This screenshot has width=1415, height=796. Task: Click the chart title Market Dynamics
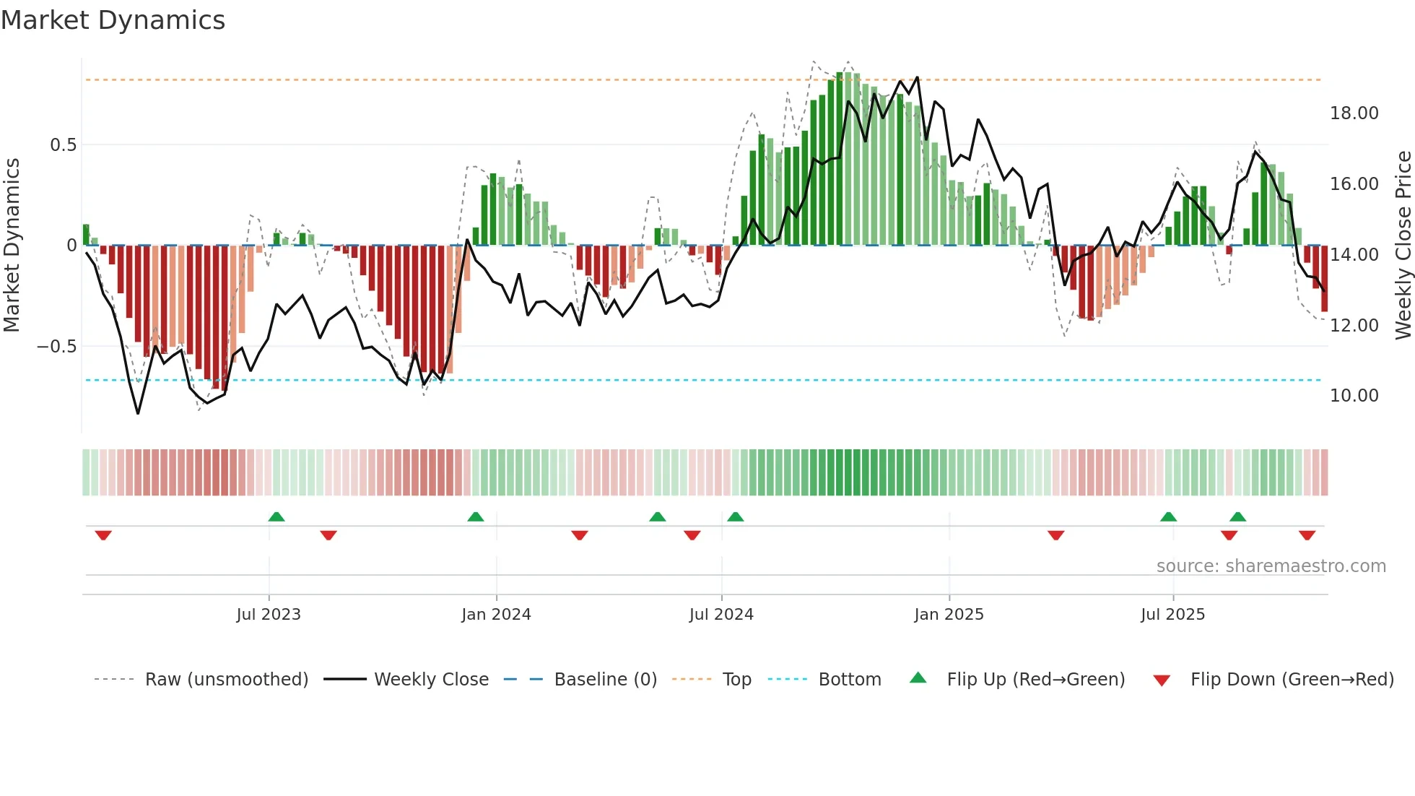coord(113,20)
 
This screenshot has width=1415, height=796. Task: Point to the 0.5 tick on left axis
coord(63,145)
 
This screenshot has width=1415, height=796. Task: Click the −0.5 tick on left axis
coord(56,347)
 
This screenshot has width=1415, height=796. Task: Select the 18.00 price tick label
coord(1354,113)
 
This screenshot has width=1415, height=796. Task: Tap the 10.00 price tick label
coord(1354,396)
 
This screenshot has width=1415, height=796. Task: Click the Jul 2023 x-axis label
coord(269,615)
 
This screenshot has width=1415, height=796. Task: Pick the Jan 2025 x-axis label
coord(949,615)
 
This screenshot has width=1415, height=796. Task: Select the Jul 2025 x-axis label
coord(1172,615)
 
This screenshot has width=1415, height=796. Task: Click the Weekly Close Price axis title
coord(1403,246)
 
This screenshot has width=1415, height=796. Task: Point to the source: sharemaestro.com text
coord(1271,566)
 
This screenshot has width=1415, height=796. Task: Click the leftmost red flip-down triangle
coord(103,535)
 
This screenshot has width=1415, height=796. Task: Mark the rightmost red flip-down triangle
coord(1307,535)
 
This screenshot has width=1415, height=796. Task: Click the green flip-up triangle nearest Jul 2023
coord(277,516)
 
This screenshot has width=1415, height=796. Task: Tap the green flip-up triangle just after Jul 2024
coord(735,516)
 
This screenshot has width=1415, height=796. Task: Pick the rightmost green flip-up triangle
coord(1237,516)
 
